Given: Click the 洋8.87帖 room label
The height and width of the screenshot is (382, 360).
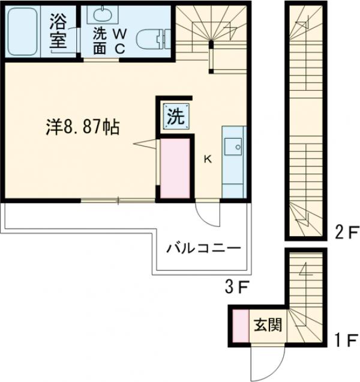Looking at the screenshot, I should pyautogui.click(x=82, y=127).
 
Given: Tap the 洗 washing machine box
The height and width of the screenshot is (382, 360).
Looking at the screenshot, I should pyautogui.click(x=175, y=117).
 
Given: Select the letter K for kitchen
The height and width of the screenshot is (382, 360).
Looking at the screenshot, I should pyautogui.click(x=208, y=159).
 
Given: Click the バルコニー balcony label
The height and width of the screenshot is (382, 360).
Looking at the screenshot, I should pyautogui.click(x=203, y=247).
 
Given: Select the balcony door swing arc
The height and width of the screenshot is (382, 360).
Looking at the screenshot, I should pyautogui.click(x=207, y=214).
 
